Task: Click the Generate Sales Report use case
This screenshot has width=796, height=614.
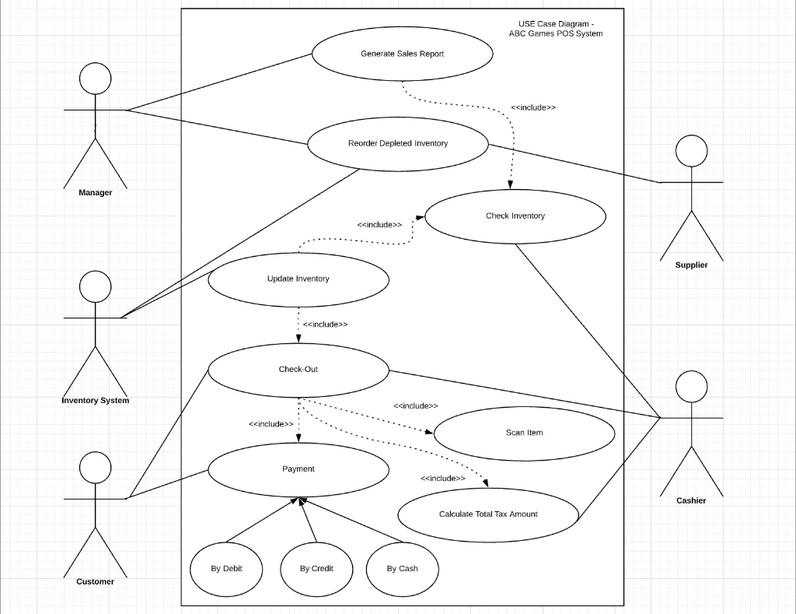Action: (402, 54)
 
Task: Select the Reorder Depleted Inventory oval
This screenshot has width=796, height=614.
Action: (397, 143)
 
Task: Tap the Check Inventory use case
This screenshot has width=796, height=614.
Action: (515, 216)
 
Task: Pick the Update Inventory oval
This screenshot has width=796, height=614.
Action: (298, 279)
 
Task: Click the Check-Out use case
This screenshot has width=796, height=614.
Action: (298, 369)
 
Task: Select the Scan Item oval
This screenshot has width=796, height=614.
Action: (524, 433)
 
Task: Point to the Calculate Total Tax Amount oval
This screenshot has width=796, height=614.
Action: (488, 514)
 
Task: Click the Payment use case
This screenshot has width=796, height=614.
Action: (298, 468)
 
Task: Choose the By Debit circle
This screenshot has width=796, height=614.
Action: (226, 568)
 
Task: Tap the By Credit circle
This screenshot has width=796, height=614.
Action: (316, 568)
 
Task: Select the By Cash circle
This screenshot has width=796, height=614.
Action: (402, 568)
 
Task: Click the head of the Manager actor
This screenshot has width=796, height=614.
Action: (95, 79)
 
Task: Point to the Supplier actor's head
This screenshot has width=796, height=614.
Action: (691, 151)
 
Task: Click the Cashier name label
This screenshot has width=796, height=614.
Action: (691, 500)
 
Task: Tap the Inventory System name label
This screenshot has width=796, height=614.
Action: (96, 400)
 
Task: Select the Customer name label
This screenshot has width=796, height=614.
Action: (95, 581)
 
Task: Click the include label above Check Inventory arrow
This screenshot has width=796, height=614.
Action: (533, 107)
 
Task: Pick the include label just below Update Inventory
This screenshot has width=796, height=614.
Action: (325, 325)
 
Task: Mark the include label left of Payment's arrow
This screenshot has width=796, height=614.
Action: (271, 424)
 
